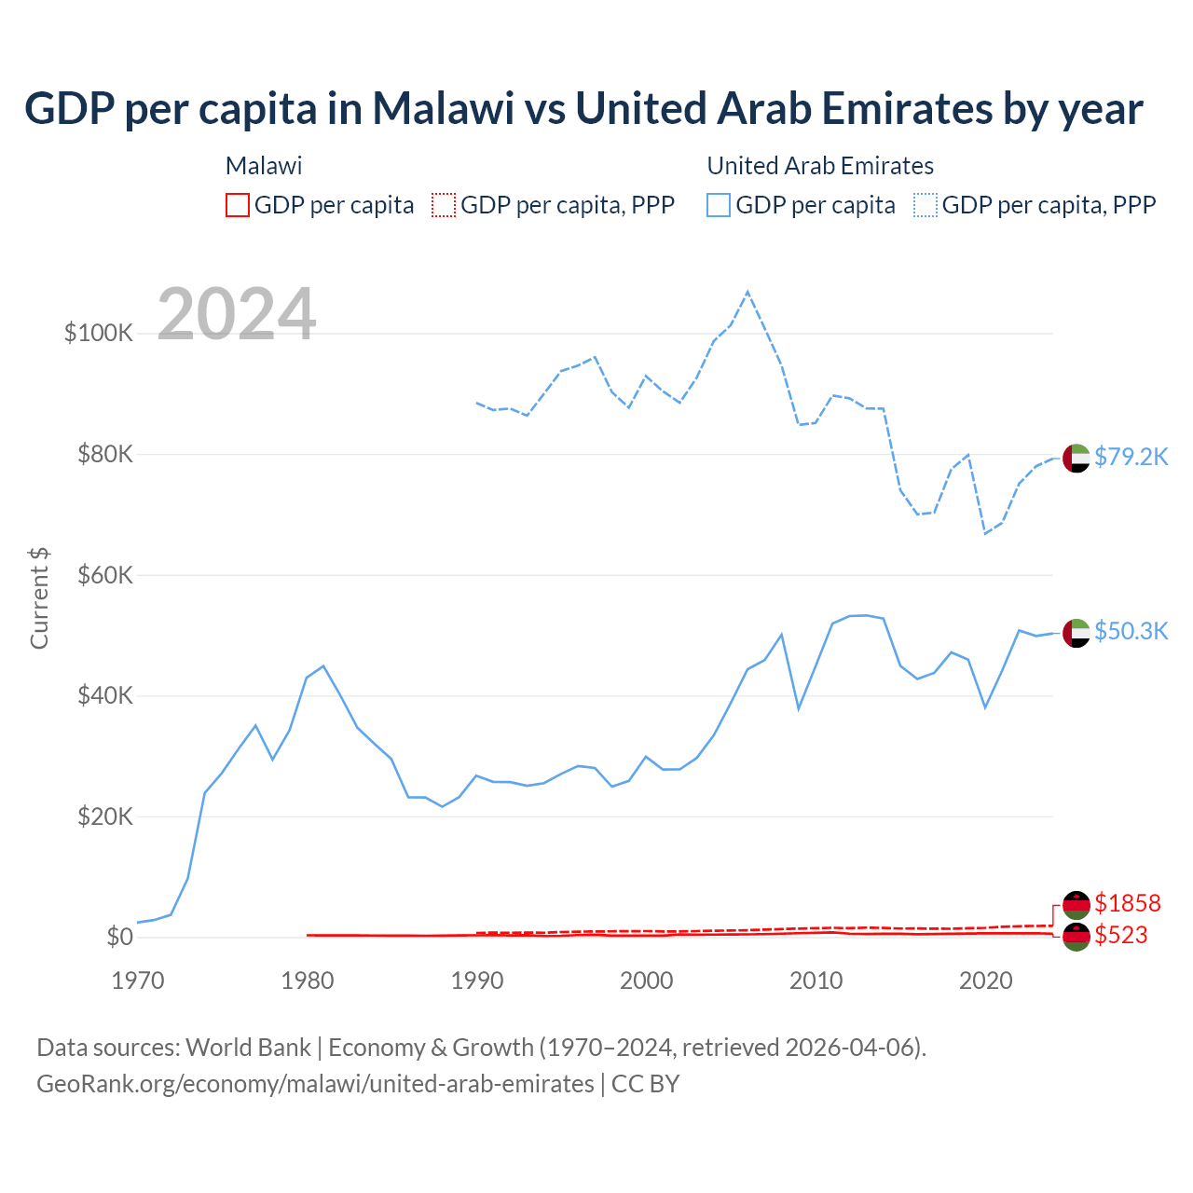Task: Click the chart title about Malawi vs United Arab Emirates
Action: [583, 108]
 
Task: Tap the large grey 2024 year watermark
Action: [237, 314]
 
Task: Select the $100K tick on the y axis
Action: [99, 333]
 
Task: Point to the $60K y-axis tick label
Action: [105, 575]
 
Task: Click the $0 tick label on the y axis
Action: [119, 937]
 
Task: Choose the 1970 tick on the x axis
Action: [138, 980]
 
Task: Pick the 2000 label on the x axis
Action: [646, 980]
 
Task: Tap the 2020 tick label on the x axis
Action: [985, 980]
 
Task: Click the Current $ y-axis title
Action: [39, 598]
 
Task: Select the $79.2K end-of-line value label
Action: [1131, 457]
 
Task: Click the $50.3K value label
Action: [1131, 631]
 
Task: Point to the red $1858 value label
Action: [1127, 903]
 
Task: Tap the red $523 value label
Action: [1120, 935]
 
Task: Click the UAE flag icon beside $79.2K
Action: [1076, 459]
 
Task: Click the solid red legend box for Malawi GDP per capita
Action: [238, 205]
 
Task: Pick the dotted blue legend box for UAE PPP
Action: [926, 205]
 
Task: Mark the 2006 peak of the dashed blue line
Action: [747, 293]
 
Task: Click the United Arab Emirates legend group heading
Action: [820, 166]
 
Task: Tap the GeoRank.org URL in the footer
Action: [315, 1084]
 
